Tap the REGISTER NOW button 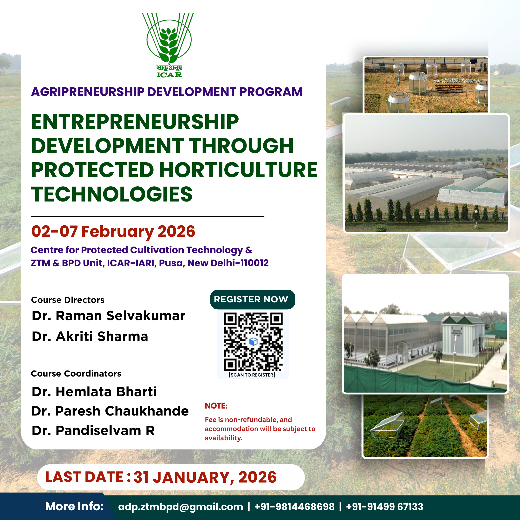point(253,299)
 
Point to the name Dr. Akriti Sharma point(90,337)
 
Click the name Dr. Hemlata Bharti point(94,392)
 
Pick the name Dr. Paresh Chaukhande point(110,411)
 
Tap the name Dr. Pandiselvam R point(93,431)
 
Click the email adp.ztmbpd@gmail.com point(180,507)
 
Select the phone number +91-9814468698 point(294,507)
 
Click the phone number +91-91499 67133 point(385,507)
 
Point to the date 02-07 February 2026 point(113,231)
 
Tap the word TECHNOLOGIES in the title point(112,194)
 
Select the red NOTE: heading point(216,406)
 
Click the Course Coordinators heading point(76,374)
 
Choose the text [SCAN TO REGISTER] point(252,375)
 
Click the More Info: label point(74,507)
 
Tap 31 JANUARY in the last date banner point(182,477)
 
